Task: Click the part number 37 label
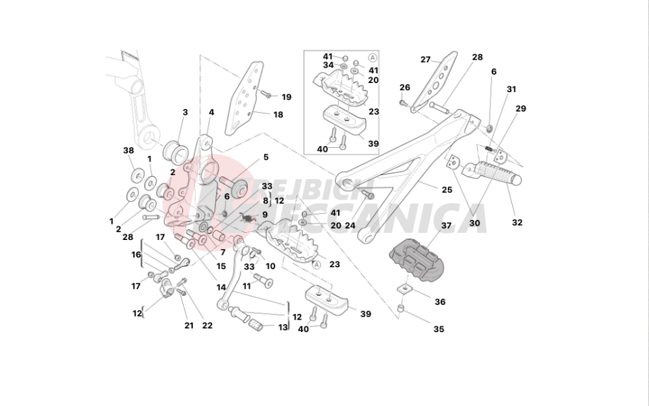[446, 226]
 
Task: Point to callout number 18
[278, 115]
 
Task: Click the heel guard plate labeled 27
[435, 80]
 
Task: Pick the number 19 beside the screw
[286, 97]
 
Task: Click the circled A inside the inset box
[372, 58]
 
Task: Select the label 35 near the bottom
[439, 329]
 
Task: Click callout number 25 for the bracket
[447, 190]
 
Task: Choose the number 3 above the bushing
[185, 112]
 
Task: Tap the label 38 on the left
[129, 150]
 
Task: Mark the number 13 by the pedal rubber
[283, 328]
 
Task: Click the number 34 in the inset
[328, 66]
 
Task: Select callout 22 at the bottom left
[208, 326]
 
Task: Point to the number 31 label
[511, 90]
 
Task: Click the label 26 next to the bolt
[405, 88]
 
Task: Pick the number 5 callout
[265, 157]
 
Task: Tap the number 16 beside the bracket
[136, 255]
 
